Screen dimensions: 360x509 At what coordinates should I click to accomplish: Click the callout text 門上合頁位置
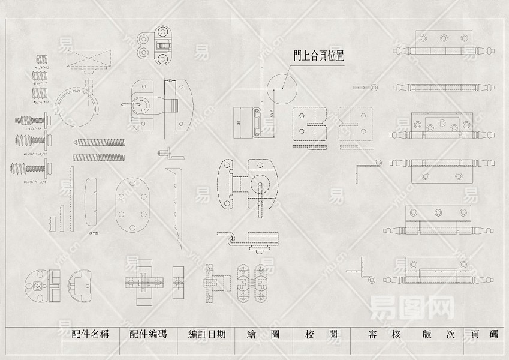tap(318, 55)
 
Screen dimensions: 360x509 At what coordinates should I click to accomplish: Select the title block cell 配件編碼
tap(148, 335)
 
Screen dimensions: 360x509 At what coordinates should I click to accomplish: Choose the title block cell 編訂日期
tap(206, 335)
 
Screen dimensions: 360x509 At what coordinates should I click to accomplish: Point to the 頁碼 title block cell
tap(485, 335)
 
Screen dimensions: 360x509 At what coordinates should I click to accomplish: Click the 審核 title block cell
tap(384, 335)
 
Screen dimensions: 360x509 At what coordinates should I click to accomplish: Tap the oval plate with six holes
tap(132, 205)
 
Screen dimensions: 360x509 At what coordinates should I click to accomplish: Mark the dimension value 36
tap(238, 122)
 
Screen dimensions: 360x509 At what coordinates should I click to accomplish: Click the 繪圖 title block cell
tap(263, 335)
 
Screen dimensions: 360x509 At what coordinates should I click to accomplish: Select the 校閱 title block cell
tap(321, 335)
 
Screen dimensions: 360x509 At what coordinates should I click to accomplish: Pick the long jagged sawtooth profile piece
tap(176, 204)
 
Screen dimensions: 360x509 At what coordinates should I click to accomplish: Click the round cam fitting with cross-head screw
tap(38, 285)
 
